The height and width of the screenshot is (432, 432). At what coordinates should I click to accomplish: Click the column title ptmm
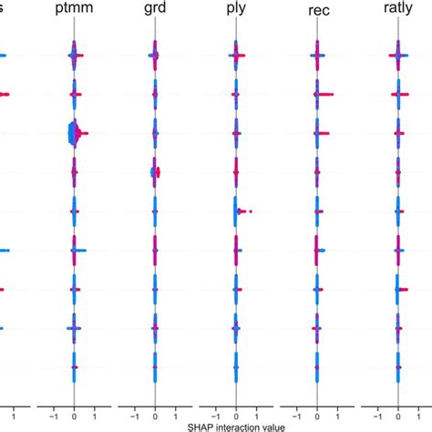coord(74,15)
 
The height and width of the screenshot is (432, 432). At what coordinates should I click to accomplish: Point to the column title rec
coord(317,15)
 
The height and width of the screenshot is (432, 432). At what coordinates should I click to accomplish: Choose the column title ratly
coord(398,15)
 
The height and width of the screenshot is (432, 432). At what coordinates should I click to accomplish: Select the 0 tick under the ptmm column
coord(74,409)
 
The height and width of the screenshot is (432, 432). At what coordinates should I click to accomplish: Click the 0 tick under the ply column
coord(236,409)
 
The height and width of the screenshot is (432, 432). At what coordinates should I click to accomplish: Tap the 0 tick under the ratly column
coord(398,409)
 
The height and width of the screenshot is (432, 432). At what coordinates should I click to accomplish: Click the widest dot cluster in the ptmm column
coord(74,134)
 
